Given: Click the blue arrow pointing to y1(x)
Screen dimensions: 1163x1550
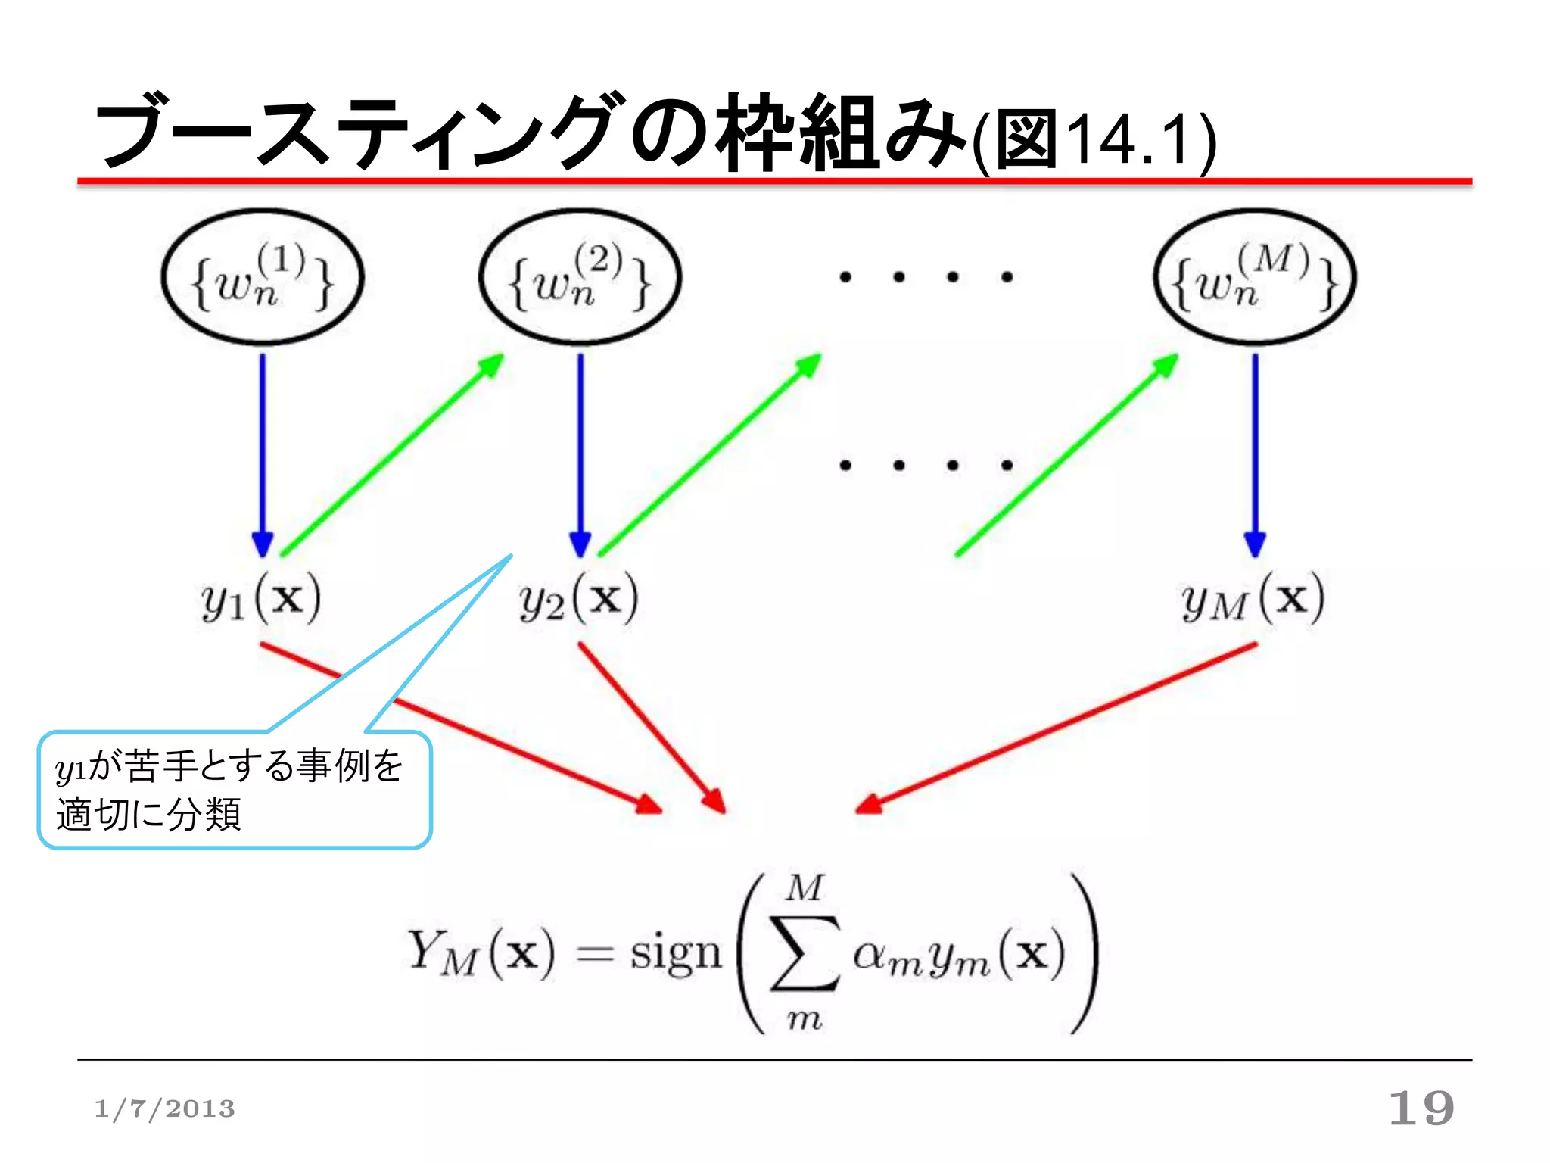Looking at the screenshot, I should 263,454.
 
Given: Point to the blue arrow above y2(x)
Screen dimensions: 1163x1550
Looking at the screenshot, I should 580,454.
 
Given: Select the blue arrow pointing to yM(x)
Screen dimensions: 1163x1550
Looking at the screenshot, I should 1255,454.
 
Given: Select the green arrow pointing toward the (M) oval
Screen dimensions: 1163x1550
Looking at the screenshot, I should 1067,454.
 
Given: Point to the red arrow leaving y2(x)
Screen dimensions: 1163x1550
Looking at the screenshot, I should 651,727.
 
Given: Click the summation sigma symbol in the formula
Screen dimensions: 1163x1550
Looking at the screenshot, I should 805,954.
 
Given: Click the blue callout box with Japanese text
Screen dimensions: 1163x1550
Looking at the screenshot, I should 235,790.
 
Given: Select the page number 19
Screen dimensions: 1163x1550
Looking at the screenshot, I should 1421,1108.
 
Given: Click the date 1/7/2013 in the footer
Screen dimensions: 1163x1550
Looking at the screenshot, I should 164,1109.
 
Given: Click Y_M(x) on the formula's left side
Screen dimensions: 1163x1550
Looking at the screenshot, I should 481,954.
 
